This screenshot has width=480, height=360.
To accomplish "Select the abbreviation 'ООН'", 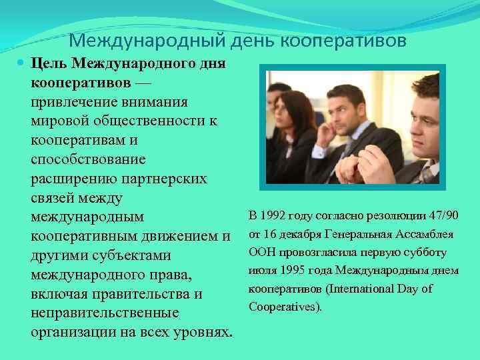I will (261, 253).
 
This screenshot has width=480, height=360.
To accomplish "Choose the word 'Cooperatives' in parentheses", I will (283, 307).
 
